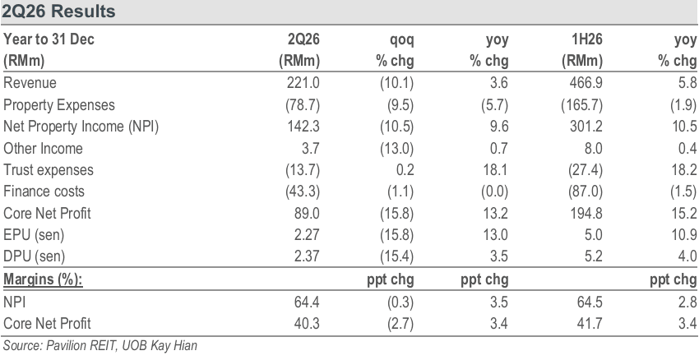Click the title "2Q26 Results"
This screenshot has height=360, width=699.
58,12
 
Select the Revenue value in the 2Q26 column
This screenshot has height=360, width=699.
303,83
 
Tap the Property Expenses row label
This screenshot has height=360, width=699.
59,105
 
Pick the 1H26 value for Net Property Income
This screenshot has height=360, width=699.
586,127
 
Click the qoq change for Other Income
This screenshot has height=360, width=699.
396,149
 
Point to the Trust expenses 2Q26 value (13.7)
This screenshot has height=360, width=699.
303,170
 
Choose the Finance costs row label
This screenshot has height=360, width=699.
44,192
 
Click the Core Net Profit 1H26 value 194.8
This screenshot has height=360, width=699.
586,214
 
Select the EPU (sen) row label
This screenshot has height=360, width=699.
34,235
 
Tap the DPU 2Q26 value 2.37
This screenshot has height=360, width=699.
307,256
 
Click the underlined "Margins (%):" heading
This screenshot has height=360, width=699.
44,279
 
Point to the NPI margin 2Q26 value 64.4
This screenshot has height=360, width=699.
307,302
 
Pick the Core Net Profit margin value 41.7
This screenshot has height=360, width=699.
590,324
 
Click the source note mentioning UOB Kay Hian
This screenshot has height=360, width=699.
100,345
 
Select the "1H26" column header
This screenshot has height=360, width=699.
586,39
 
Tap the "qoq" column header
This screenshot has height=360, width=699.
401,40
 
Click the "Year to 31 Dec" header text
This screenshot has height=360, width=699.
49,39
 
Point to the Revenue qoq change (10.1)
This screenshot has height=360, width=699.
396,83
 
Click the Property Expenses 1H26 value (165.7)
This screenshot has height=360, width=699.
581,105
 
